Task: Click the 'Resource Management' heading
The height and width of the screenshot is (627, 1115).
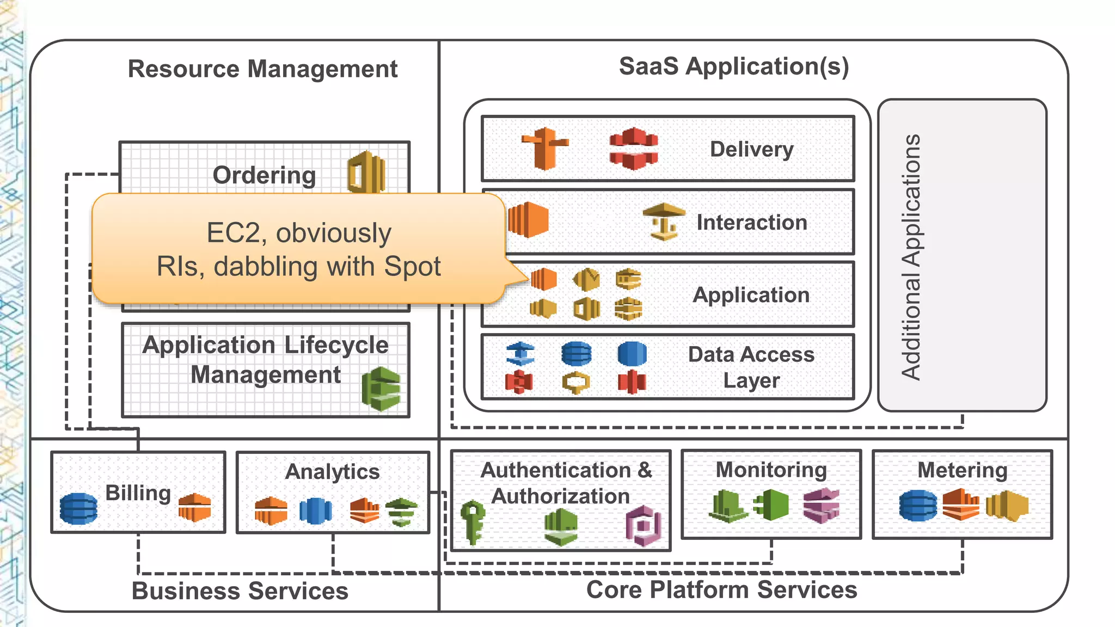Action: click(262, 69)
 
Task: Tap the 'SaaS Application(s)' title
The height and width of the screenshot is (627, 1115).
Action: click(733, 66)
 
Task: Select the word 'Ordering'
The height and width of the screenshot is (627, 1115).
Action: click(264, 175)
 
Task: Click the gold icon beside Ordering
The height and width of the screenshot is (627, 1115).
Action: click(366, 173)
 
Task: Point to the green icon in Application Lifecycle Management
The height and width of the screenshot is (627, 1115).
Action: click(381, 389)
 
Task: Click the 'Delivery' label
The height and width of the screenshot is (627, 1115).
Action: click(751, 149)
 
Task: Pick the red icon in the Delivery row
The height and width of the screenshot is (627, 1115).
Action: click(633, 148)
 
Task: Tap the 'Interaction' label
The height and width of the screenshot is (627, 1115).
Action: click(751, 222)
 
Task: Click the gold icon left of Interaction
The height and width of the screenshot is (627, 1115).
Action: click(664, 222)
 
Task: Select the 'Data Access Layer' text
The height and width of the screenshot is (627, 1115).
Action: click(751, 367)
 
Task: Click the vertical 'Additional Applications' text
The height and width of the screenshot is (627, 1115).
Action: click(911, 256)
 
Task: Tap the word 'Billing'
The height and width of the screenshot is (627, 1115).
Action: click(138, 493)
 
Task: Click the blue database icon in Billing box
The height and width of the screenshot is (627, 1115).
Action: click(78, 508)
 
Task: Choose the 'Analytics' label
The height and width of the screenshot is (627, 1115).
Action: click(332, 471)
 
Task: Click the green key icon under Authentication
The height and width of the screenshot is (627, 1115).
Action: click(472, 521)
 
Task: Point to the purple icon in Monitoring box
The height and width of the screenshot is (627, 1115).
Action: click(821, 506)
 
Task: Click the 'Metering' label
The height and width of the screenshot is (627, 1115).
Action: click(962, 470)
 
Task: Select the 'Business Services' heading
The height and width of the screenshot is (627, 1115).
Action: click(240, 591)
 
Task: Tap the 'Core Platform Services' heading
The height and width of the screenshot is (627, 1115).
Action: click(721, 590)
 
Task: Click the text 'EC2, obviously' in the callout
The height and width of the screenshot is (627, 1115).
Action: click(299, 233)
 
